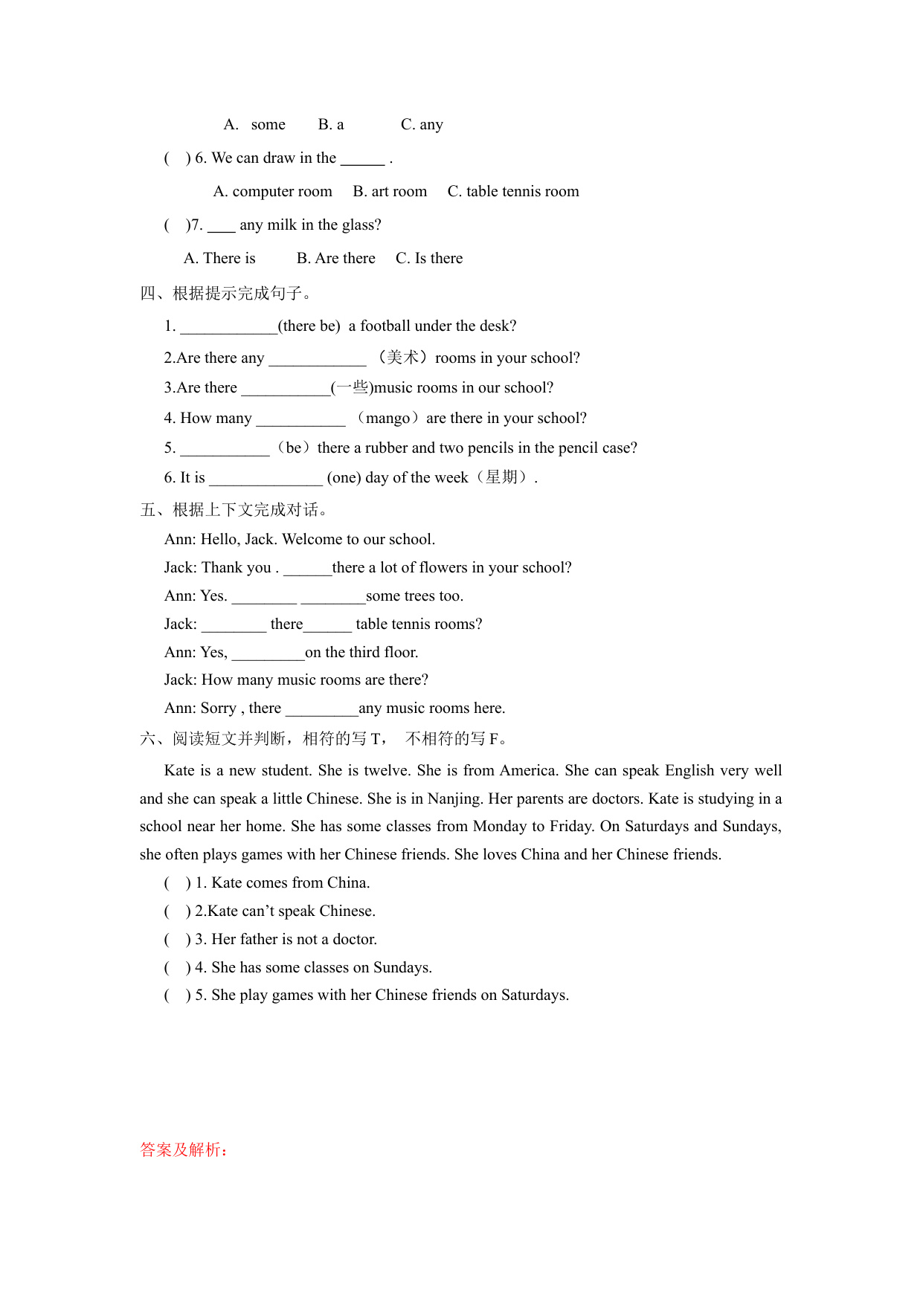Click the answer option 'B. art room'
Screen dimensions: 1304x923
(x=390, y=192)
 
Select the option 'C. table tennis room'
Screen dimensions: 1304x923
(x=512, y=192)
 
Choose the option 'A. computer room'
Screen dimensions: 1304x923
(x=272, y=192)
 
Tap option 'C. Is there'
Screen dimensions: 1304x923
(x=428, y=259)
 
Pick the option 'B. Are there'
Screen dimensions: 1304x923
(x=335, y=259)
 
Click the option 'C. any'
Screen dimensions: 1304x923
(x=422, y=125)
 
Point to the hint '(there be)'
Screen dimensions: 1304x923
(x=309, y=326)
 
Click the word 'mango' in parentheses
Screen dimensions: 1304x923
(x=387, y=419)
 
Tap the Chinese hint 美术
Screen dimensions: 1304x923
(x=402, y=358)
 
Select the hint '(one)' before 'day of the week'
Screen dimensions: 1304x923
(x=344, y=478)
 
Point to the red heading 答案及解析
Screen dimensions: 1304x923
(x=184, y=1150)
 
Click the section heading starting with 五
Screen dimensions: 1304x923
(x=234, y=510)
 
